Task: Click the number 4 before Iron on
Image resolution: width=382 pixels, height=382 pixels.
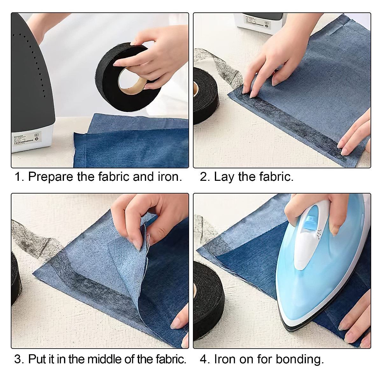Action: (x=204, y=359)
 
